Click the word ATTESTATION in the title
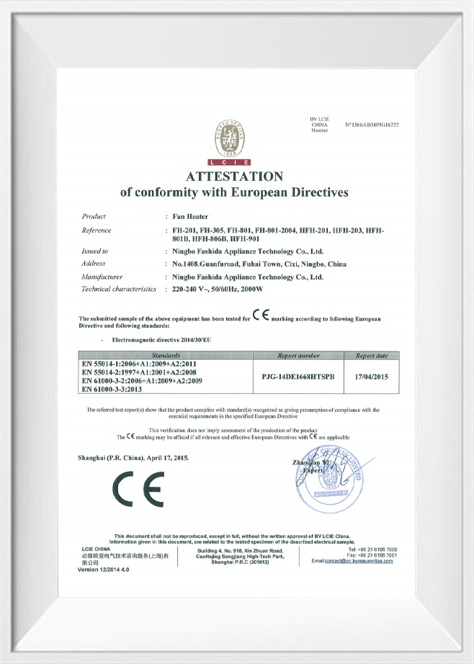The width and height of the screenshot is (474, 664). [234, 176]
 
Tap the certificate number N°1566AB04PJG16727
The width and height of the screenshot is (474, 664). [372, 125]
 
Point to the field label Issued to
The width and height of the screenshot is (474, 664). [95, 251]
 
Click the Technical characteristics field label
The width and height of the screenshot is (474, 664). [119, 289]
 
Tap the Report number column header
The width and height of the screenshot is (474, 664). [298, 356]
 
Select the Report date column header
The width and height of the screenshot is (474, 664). [371, 356]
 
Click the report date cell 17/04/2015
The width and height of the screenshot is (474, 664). [371, 375]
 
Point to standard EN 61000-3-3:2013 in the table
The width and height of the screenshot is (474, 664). [121, 389]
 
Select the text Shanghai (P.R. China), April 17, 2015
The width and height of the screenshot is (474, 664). [133, 458]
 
